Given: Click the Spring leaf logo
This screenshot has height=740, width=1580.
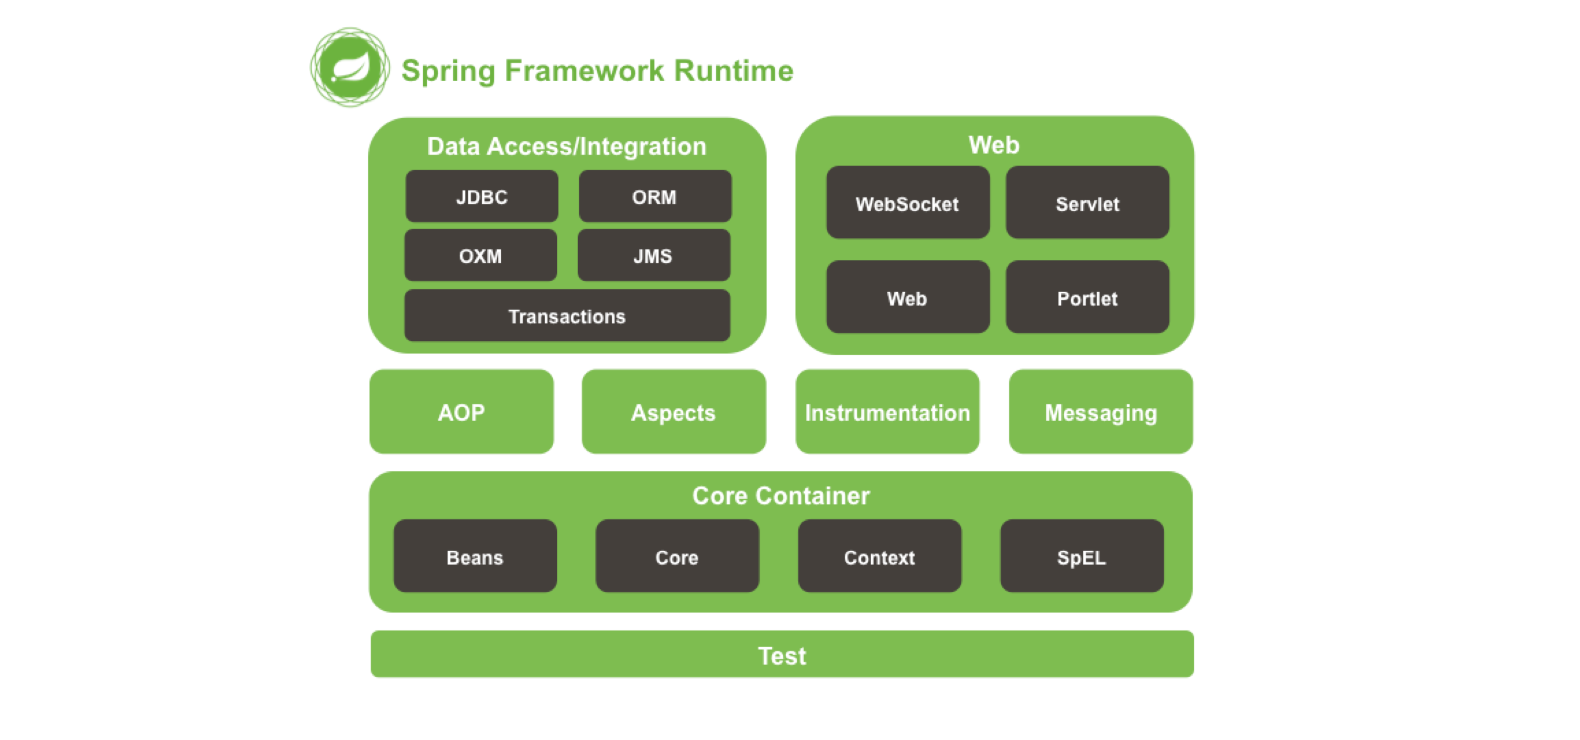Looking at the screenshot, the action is [350, 67].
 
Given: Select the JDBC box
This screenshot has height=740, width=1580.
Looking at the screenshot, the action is [482, 196].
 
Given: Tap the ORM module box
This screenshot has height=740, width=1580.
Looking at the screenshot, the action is [655, 196].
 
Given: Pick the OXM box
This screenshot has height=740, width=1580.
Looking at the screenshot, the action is [481, 255].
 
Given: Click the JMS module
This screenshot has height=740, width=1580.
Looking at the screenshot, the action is [654, 255].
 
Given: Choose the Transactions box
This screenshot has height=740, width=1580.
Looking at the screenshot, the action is [567, 315].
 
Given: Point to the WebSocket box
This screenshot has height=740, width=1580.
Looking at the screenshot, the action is [908, 203].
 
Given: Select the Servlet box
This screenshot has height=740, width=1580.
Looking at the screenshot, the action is [1087, 203].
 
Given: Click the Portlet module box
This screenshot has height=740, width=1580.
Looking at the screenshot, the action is [1087, 297].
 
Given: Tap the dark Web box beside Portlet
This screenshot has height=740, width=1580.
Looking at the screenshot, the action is [908, 297].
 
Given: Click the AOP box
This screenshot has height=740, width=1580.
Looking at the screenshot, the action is [461, 412].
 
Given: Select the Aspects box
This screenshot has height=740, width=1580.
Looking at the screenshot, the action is [673, 412].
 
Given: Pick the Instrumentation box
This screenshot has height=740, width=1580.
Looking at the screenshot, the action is [888, 412].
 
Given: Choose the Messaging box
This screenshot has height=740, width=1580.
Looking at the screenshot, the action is [1101, 412].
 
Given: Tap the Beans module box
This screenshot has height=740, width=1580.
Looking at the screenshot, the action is [475, 556].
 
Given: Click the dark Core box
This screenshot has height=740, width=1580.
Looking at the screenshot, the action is [677, 556].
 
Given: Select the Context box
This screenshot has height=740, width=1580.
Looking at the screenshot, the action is [880, 556].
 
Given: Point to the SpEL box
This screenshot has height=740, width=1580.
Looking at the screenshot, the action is [1082, 556].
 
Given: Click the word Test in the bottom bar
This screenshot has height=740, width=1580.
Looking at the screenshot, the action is [782, 656].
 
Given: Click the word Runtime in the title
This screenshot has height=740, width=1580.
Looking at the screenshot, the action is [734, 71].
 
